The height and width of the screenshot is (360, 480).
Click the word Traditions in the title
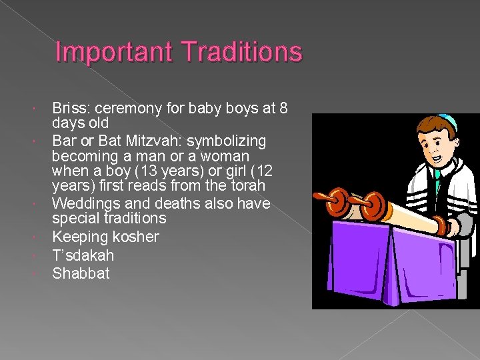[x=233, y=53]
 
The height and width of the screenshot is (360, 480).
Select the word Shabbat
[x=81, y=273]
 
